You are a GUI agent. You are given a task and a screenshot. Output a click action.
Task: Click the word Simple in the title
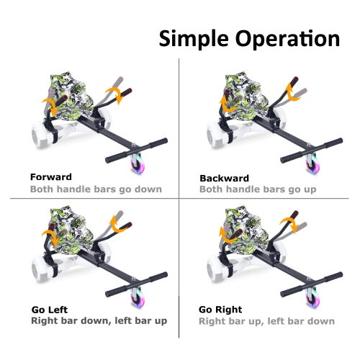point(194,39)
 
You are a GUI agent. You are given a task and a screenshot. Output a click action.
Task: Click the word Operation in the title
point(287,38)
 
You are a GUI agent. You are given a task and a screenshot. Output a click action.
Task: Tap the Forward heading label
point(51,177)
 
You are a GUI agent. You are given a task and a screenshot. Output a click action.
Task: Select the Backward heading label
point(224,179)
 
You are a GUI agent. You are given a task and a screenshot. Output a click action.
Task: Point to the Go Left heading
point(50,310)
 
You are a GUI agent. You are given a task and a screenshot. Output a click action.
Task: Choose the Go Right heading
point(220,310)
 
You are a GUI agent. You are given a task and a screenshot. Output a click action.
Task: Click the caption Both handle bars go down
point(96,189)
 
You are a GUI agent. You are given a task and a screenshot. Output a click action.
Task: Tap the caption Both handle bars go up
point(258,189)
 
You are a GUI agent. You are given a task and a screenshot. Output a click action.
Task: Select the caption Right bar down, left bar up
point(99,321)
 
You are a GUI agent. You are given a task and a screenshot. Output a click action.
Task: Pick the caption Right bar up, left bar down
point(266,321)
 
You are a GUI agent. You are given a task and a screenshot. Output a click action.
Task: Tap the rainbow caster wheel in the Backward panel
point(312,163)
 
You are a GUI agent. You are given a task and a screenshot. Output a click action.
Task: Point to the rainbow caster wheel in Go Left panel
point(138,297)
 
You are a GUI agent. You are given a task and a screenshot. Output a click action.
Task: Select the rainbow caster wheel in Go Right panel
point(312,297)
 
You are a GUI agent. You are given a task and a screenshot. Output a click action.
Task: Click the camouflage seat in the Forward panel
point(71,96)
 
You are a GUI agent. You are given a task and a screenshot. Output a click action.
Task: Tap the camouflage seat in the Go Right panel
point(246,230)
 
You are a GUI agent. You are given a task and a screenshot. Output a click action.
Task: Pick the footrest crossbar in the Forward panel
point(136,150)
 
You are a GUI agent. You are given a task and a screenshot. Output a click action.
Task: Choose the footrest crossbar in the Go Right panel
point(312,284)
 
